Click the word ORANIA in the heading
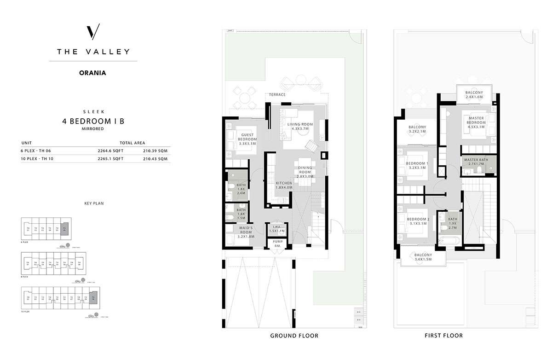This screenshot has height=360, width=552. click(93, 72)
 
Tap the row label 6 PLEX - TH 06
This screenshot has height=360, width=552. click(38, 151)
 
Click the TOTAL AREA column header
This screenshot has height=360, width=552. click(132, 143)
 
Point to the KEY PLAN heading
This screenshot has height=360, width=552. click(93, 203)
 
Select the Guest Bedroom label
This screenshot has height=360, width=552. click(247, 139)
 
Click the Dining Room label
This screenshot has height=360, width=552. click(305, 172)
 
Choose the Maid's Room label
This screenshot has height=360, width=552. click(247, 232)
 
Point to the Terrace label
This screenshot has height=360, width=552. click(277, 95)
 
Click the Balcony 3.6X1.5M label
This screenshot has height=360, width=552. click(423, 257)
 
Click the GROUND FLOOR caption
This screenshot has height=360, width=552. click(294, 336)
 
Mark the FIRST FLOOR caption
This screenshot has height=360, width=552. click(444, 336)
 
